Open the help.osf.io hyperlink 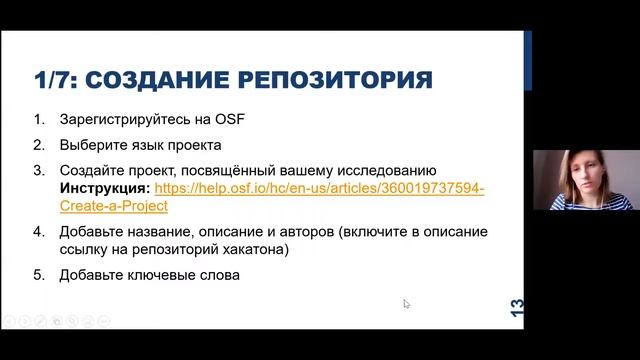tap(320, 187)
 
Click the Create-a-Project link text tap(114, 205)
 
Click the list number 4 tap(39, 232)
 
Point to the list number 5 tap(39, 274)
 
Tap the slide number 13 tap(516, 307)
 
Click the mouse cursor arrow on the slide tap(407, 304)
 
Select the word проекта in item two tap(192, 144)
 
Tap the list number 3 tap(39, 169)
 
